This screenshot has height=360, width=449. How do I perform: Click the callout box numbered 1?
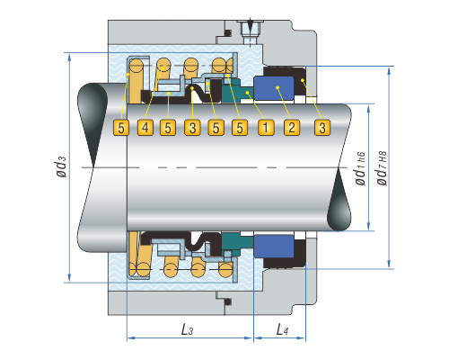(x=266, y=128)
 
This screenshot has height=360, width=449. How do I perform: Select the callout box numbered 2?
(x=292, y=128)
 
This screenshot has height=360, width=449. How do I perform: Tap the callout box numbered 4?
(x=145, y=128)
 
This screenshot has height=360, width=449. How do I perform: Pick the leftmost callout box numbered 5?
(x=121, y=128)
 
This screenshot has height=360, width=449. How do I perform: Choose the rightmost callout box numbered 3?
(x=322, y=128)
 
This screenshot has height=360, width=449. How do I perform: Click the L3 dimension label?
(x=187, y=329)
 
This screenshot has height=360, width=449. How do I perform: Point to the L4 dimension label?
(x=282, y=329)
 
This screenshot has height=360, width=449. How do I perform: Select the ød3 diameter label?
(x=60, y=166)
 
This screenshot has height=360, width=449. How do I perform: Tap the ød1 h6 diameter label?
(x=360, y=168)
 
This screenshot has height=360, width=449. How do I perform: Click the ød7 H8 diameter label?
(x=382, y=168)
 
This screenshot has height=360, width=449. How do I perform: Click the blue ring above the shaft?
(x=274, y=88)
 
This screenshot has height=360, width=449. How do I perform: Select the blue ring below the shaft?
(x=274, y=246)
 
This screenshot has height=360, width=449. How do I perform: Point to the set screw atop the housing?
(x=250, y=31)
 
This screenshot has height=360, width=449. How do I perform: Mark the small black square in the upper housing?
(x=228, y=32)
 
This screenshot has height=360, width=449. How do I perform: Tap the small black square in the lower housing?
(x=228, y=301)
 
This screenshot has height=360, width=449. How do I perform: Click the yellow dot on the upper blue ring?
(x=277, y=87)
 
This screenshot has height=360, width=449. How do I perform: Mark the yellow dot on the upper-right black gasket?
(x=303, y=80)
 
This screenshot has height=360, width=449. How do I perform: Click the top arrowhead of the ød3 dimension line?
(x=69, y=57)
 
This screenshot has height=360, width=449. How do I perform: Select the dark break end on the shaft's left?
(x=92, y=120)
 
